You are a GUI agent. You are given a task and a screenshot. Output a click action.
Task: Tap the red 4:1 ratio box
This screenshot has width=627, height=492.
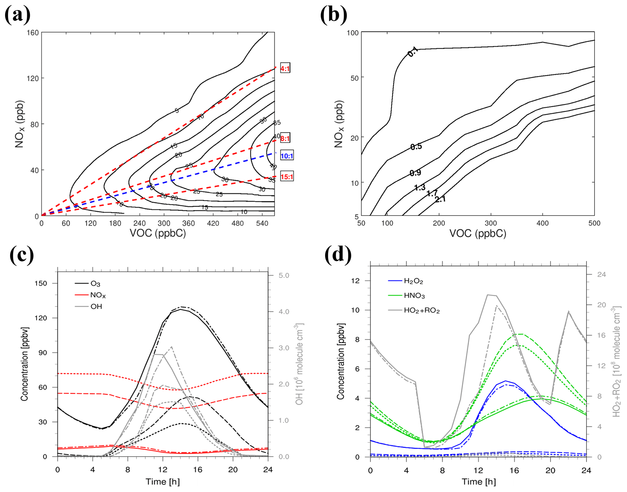[x=285, y=69]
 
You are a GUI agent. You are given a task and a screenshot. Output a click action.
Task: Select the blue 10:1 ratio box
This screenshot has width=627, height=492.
[x=287, y=156]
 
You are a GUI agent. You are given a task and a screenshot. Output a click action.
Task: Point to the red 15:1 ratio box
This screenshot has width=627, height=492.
[x=287, y=176]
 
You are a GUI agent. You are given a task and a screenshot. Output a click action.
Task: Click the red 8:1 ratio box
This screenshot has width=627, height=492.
[x=285, y=139]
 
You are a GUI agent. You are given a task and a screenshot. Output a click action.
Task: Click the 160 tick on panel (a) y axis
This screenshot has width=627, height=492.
[x=33, y=32]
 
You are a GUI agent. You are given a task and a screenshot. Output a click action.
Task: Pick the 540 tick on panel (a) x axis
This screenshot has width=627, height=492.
[x=262, y=223]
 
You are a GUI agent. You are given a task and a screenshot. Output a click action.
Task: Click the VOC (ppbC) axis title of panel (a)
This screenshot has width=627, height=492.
[x=158, y=233]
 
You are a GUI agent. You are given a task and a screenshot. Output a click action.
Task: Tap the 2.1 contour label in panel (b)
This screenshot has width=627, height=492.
[x=440, y=199]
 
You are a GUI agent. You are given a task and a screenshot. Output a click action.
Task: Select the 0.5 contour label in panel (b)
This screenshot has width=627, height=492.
[x=416, y=147]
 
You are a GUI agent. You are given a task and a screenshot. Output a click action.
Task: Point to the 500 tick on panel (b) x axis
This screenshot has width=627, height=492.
[x=594, y=223]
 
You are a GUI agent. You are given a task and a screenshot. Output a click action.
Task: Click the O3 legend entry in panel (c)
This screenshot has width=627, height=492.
[x=95, y=284]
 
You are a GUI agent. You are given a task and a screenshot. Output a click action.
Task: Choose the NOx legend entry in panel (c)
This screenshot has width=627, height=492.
[x=98, y=295]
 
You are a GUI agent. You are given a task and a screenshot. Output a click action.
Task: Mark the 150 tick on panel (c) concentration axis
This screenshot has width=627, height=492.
[x=41, y=283]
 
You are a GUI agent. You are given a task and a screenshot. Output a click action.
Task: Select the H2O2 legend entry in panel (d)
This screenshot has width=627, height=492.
[x=413, y=281]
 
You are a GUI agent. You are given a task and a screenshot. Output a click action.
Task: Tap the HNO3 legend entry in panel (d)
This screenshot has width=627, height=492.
[x=414, y=296]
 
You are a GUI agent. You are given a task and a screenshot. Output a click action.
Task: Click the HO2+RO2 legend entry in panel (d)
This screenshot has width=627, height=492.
[x=422, y=310]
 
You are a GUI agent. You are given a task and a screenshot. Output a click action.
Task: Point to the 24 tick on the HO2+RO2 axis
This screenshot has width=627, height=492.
[x=601, y=275]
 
